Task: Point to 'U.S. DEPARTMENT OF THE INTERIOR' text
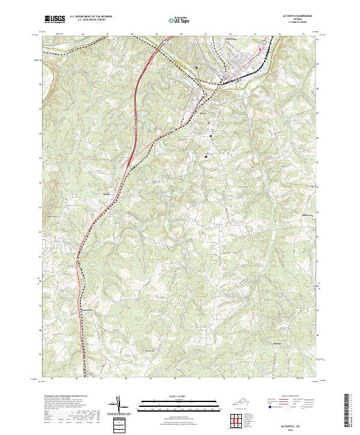pyautogui.click(x=91, y=17)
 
